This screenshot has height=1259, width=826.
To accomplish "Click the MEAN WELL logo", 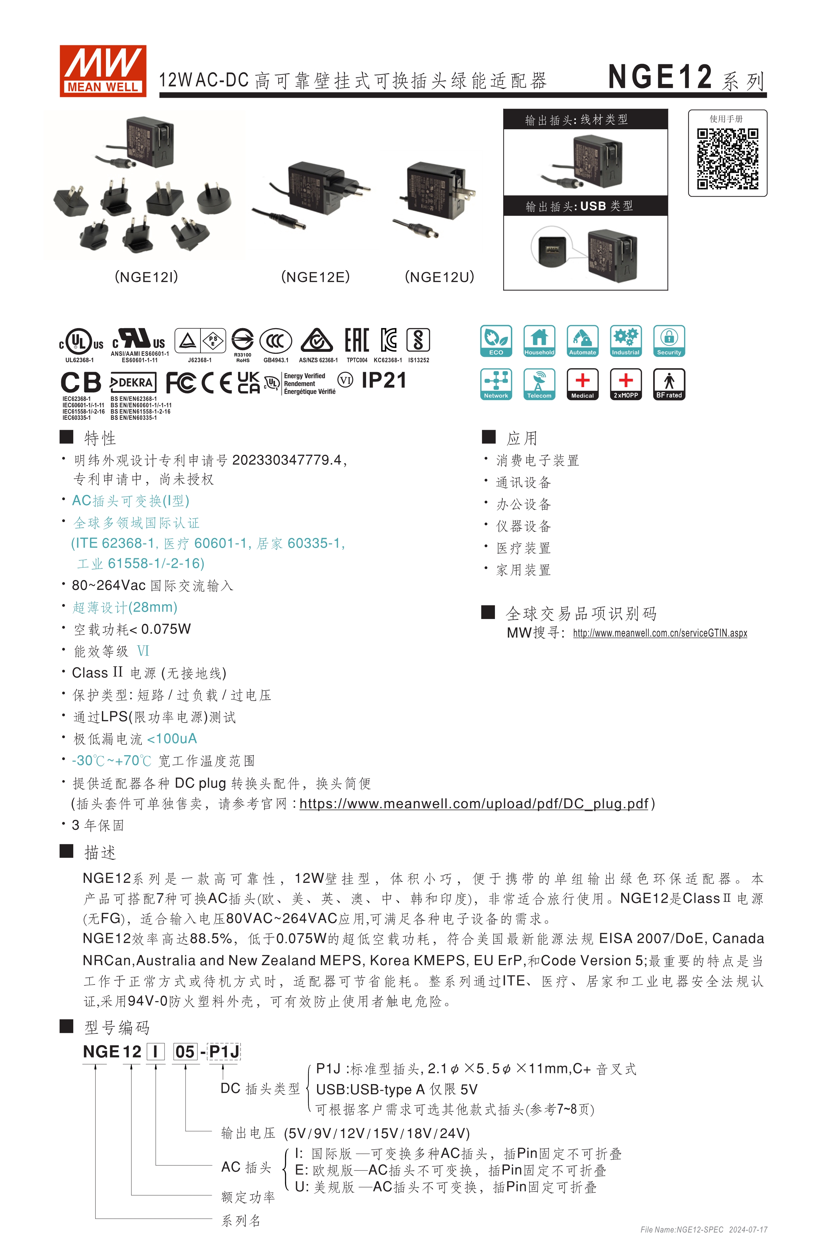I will (x=103, y=71).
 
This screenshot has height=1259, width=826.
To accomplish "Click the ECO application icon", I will (x=496, y=341).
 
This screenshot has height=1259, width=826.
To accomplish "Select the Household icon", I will (x=539, y=341).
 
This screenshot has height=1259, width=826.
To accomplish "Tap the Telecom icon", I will (x=539, y=384).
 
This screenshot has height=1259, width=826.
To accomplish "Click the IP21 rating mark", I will (x=384, y=380).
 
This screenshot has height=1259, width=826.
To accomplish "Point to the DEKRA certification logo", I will (x=132, y=382).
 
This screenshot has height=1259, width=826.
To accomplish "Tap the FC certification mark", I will (x=181, y=382).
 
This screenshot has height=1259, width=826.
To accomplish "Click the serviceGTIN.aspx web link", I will (x=660, y=633).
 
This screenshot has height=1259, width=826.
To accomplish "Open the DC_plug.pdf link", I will (x=474, y=804).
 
